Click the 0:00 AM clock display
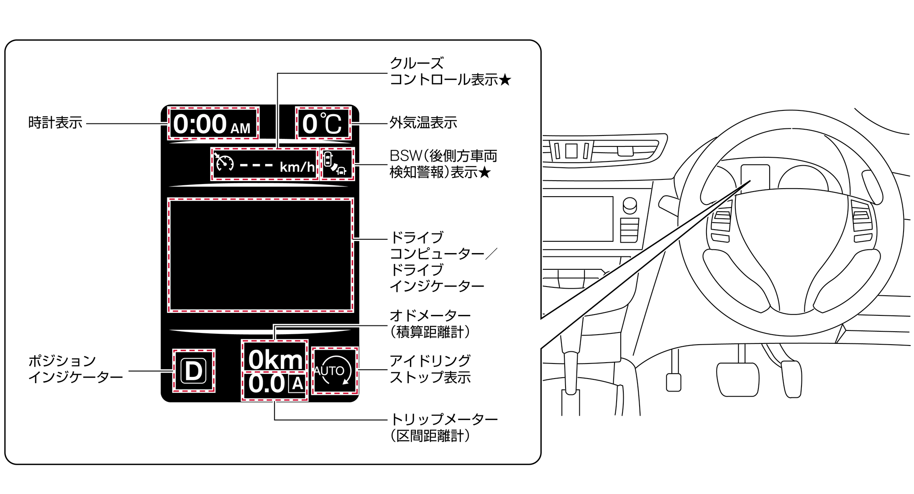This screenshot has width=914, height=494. pos(213,124)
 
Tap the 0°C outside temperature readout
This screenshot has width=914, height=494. pos(323,124)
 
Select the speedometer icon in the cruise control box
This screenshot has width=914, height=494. pos(224,163)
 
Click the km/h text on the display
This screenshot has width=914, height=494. pos(297,167)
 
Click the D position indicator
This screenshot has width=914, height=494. pos(194,371)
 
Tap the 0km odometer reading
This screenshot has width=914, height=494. pos(275,359)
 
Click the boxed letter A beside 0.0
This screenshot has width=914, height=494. pos(297,384)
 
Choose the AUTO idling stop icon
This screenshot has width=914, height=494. pos(335,371)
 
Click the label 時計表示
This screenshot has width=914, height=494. pos(55,123)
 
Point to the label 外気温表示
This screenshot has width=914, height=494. pos(423,123)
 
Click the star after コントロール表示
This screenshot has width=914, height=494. pos(504,80)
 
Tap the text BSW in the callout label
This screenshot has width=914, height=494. pos(405,156)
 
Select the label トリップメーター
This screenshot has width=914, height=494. pos(443,419)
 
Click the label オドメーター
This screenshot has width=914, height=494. pos(430,316)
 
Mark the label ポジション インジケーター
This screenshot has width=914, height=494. pos(75,369)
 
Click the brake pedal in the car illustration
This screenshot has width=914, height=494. pos(737,379)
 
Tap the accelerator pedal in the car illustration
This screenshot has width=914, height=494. pos(792,379)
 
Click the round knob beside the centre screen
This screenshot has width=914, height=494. pos(630,205)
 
